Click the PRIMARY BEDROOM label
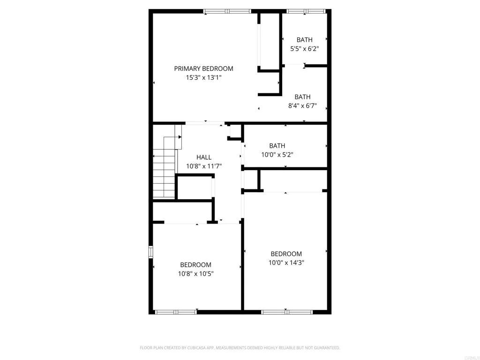[x=203, y=68]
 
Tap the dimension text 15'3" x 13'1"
[x=203, y=78]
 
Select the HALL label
[x=204, y=157]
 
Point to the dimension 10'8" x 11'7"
[x=204, y=166]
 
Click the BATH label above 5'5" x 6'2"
[x=304, y=40]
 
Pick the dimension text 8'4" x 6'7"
[x=302, y=106]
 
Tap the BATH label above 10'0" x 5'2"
[x=277, y=146]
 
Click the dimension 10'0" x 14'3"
[x=286, y=263]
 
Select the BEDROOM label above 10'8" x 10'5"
[x=196, y=265]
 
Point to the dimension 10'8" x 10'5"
[x=196, y=274]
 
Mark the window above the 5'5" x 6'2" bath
[x=305, y=11]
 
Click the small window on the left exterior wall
[x=151, y=252]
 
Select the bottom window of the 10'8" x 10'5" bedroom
[x=176, y=311]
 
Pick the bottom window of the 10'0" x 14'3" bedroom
[x=286, y=311]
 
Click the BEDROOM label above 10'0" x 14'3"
[x=286, y=254]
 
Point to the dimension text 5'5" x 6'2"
[x=304, y=49]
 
